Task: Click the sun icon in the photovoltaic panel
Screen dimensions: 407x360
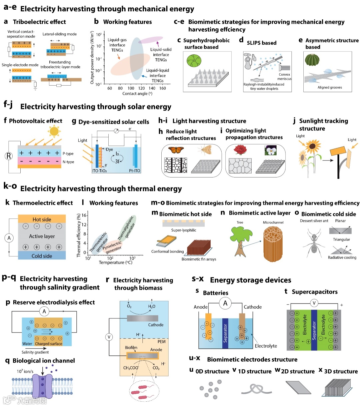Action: (x=54, y=131)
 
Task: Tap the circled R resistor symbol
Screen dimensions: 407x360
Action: (x=9, y=156)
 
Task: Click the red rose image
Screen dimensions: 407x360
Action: (x=240, y=150)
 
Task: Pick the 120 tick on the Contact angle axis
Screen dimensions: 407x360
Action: (x=142, y=88)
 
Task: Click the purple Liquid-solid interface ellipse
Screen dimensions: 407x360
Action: (x=150, y=40)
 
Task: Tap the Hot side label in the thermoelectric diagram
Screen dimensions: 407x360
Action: (x=42, y=219)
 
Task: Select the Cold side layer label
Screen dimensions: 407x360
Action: (x=42, y=256)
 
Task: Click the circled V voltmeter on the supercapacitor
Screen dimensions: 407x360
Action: (x=314, y=303)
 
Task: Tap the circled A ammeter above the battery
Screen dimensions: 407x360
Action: (x=225, y=303)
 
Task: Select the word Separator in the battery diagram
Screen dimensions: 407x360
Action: (x=225, y=333)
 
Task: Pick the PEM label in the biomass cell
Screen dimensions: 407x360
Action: (x=161, y=342)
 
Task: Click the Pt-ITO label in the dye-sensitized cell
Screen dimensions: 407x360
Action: (x=135, y=171)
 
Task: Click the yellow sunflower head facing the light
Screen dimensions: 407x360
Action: (x=312, y=146)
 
